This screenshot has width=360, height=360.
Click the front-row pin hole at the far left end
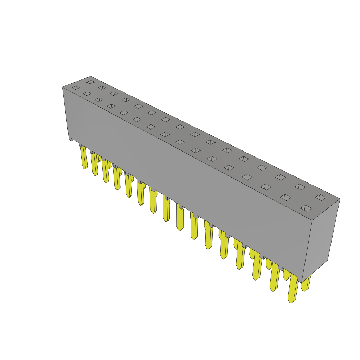[76, 88]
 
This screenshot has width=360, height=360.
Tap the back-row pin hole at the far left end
[91, 82]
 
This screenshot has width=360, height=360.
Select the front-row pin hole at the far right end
[306, 208]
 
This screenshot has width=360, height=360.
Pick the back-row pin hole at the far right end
[321, 197]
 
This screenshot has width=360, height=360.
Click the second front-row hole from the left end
[87, 94]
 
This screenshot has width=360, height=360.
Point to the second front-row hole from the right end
[285, 197]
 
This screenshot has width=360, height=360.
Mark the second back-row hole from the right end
[300, 187]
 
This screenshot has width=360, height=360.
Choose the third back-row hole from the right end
[280, 177]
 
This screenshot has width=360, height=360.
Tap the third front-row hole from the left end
[99, 99]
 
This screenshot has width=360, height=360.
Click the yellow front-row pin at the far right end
[293, 288]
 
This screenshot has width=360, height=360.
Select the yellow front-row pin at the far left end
[84, 157]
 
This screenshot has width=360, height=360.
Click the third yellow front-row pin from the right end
[257, 266]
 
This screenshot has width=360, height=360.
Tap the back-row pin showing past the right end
[306, 283]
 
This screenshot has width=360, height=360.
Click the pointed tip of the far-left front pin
[84, 168]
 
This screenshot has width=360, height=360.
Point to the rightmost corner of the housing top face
[339, 199]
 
